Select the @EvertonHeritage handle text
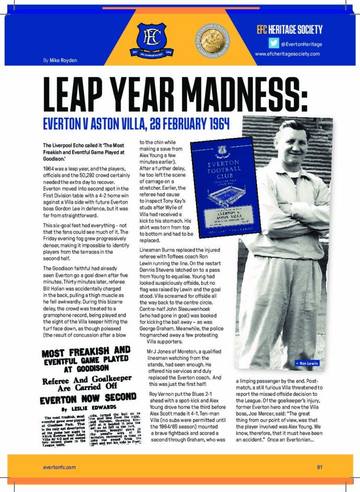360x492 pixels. click(301, 44)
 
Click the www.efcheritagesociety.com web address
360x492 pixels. click(287, 54)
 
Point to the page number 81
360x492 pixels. click(319, 466)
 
